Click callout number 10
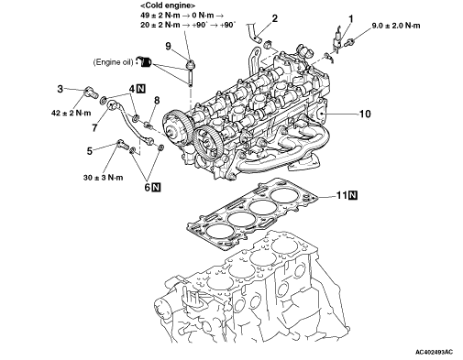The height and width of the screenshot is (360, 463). pos(365,114)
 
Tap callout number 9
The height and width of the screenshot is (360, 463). pos(168,46)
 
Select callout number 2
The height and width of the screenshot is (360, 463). pos(275,18)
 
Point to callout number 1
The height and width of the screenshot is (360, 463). pos(351,19)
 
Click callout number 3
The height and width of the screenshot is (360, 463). pos(61,89)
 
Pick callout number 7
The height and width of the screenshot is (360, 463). pos(94,127)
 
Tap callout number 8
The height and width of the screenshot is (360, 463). pos(157,100)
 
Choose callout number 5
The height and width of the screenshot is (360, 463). pos(90,151)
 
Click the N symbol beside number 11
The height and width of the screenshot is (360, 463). pos(353,195)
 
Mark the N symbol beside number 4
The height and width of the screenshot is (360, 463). pos(141,89)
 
